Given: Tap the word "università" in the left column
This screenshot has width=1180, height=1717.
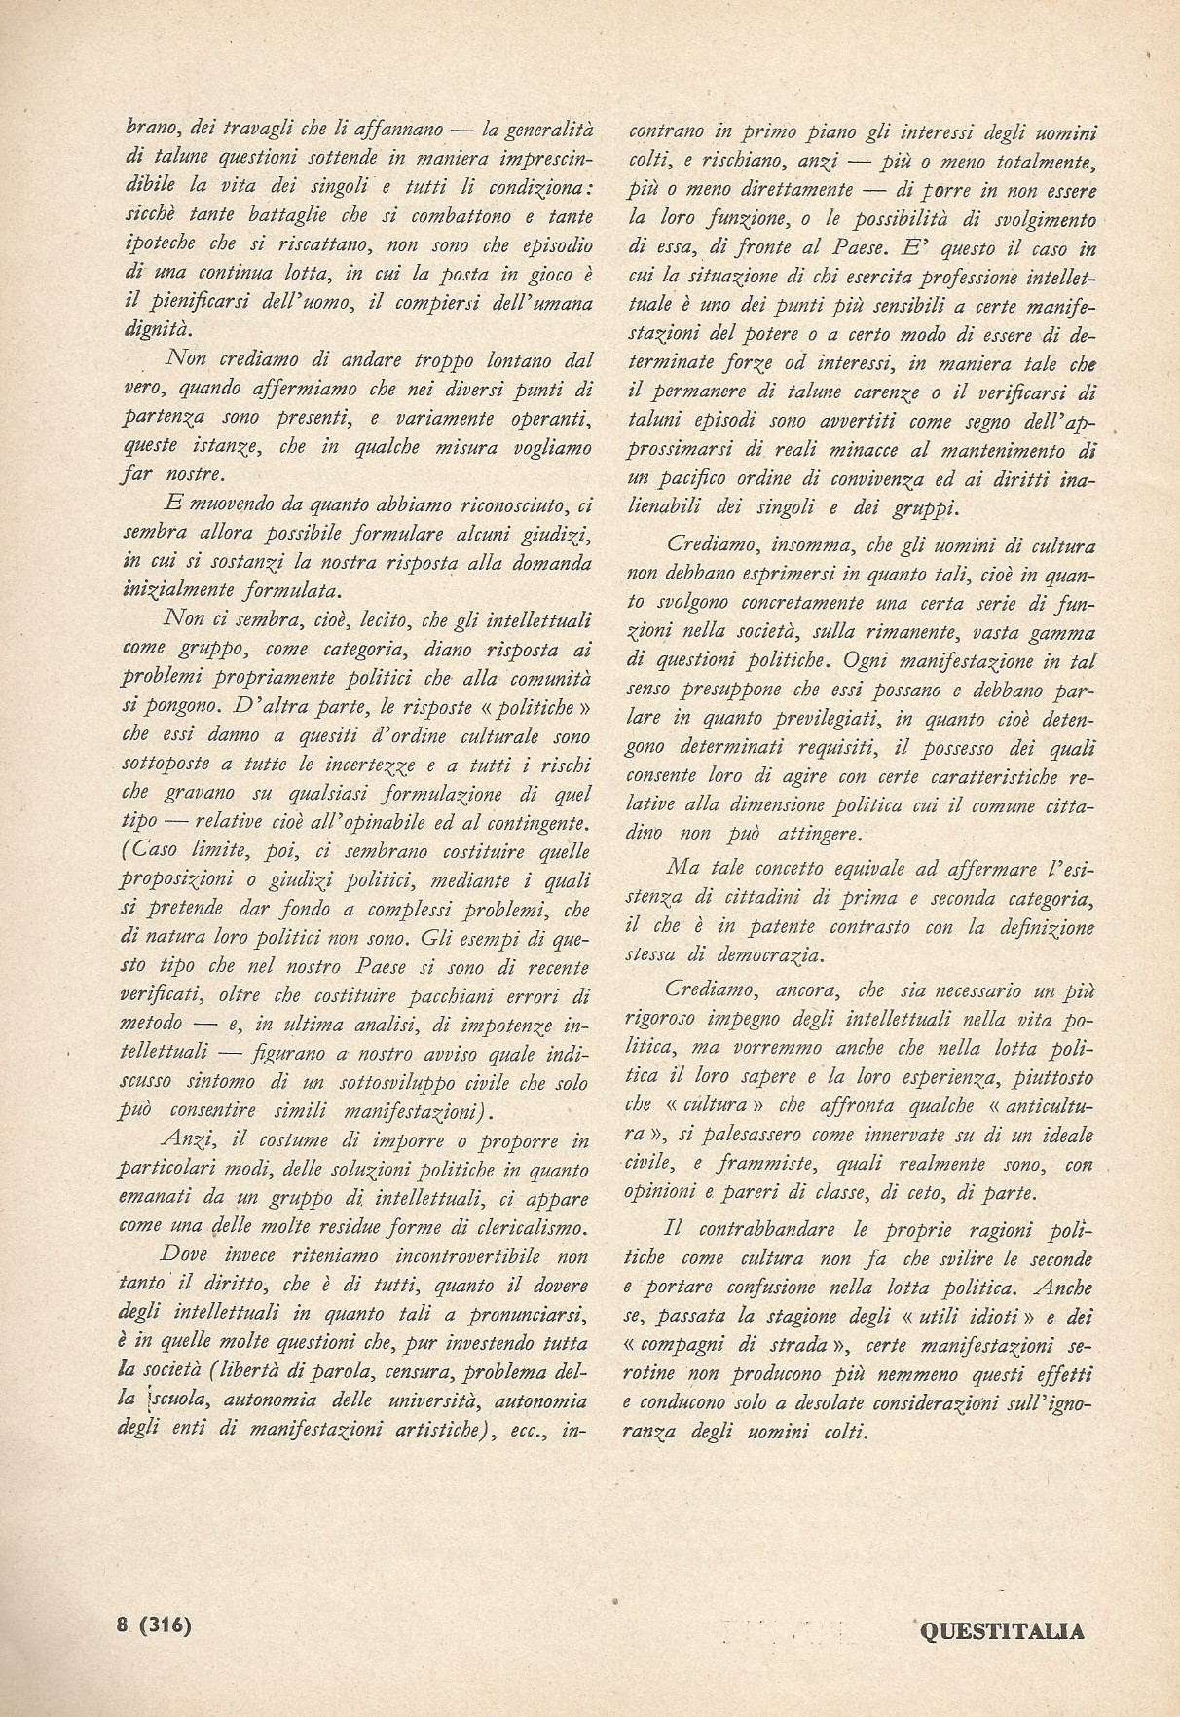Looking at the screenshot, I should tap(436, 1402).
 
